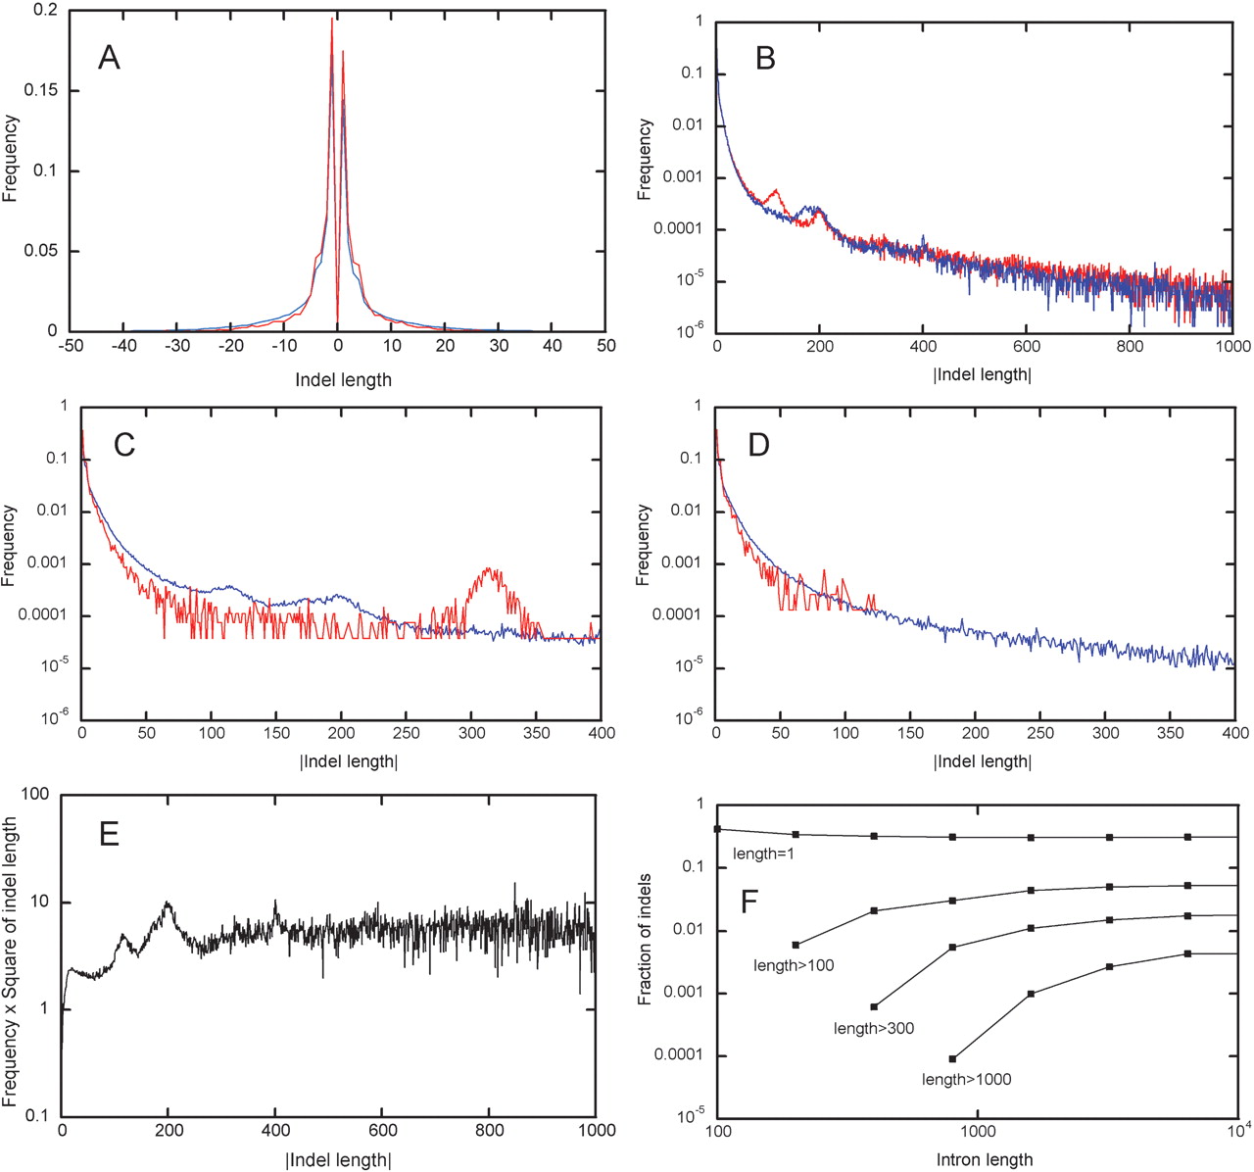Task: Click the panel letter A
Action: tap(109, 59)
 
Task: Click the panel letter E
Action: tap(109, 834)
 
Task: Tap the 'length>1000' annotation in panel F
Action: tap(966, 1079)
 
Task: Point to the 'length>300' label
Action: tap(874, 1028)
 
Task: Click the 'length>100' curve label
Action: tap(794, 965)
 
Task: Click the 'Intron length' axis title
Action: tap(983, 1159)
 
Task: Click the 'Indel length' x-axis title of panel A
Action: tap(343, 379)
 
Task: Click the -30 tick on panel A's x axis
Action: tap(176, 346)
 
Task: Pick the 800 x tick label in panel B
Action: tap(1130, 346)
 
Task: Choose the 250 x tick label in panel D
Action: tap(1041, 733)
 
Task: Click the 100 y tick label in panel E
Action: tap(36, 795)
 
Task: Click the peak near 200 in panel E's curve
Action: tap(169, 903)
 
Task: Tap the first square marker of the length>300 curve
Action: tap(874, 1006)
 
